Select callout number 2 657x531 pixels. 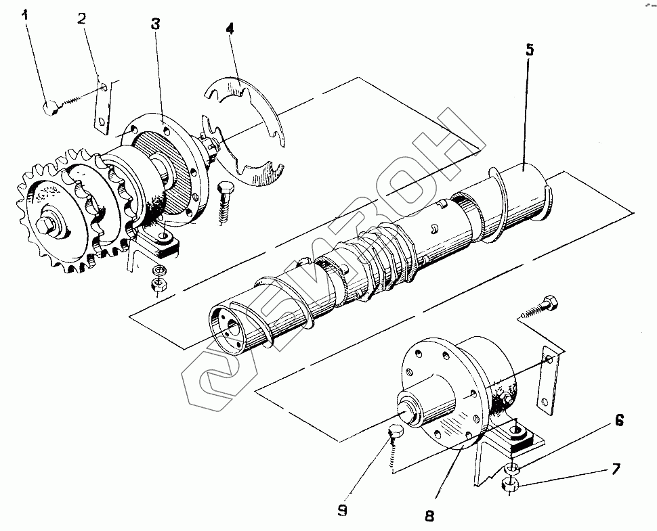click(82, 18)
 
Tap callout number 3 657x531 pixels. click(156, 24)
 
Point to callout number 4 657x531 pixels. click(230, 28)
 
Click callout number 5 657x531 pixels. click(530, 49)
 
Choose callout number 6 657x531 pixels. click(619, 420)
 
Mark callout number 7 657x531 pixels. click(616, 469)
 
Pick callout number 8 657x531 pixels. click(429, 515)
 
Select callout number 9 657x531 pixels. click(342, 511)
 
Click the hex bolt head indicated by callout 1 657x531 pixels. click(50, 108)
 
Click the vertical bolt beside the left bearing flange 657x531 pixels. click(225, 204)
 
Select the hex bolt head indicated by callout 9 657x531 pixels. click(395, 431)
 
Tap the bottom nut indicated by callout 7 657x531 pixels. click(510, 485)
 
